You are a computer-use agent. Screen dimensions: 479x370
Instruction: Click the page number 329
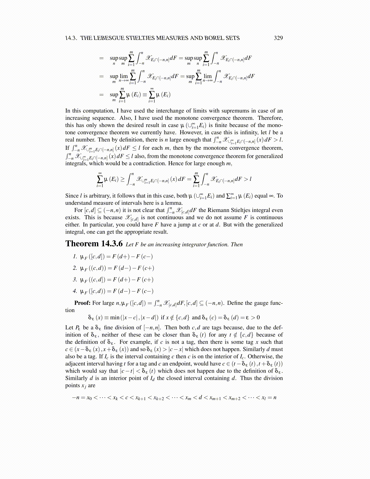(x=278, y=38)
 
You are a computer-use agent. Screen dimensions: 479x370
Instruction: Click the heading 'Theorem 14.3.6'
(x=94, y=244)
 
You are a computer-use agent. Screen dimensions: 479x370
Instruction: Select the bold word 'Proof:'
(x=82, y=303)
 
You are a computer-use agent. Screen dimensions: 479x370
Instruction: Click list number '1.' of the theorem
(x=75, y=257)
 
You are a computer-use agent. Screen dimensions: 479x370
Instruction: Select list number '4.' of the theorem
(x=75, y=291)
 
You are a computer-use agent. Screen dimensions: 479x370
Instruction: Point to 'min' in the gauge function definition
(x=115, y=318)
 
